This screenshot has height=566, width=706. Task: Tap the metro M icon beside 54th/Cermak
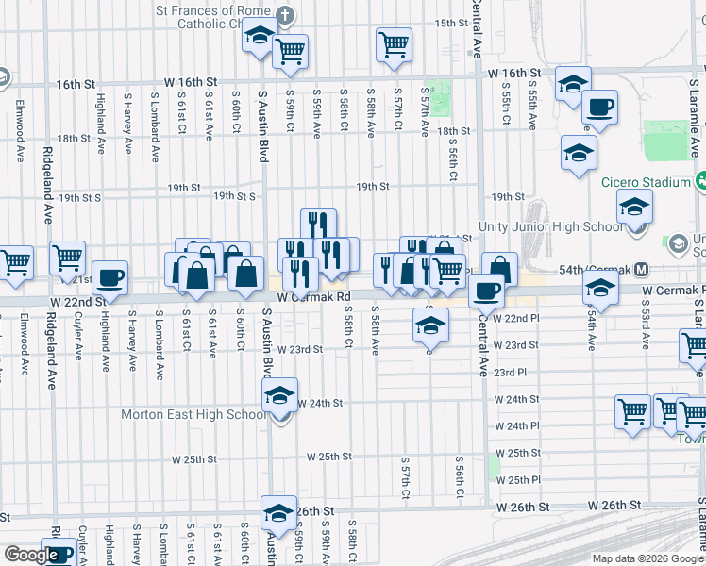pos(640,270)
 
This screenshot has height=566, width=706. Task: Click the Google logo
pos(31,555)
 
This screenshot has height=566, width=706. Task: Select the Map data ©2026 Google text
pos(647,558)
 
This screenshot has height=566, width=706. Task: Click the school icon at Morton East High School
pos(280,395)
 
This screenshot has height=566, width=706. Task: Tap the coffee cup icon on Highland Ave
pos(109,279)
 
